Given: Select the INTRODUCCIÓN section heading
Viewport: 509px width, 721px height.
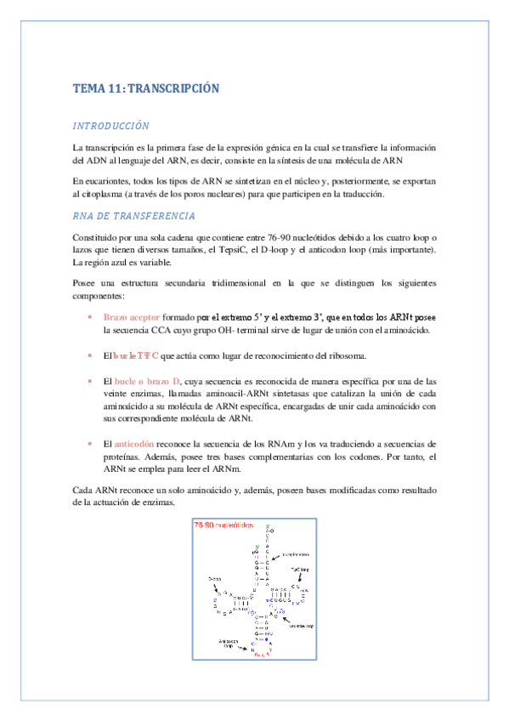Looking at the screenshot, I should tap(111, 126).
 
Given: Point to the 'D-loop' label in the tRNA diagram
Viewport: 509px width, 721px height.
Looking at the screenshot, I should tap(215, 579).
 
